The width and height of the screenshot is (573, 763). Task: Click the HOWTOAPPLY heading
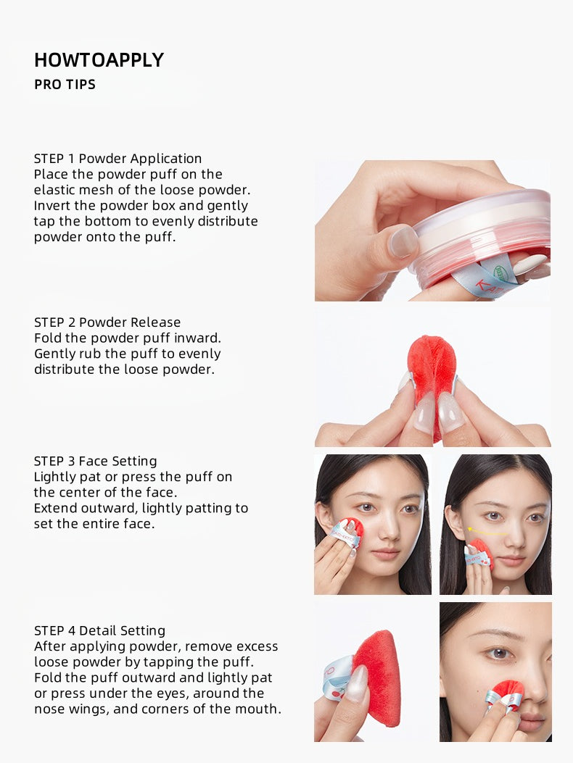point(99,60)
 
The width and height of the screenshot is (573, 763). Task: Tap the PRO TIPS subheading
point(65,85)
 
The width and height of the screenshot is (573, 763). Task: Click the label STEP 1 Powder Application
point(118,159)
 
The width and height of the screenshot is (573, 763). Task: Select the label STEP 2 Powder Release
point(107,322)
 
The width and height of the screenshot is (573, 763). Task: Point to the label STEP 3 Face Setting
point(95,461)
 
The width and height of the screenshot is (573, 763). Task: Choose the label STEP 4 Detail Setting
point(99,630)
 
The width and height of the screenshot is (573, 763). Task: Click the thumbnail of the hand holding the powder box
point(432,230)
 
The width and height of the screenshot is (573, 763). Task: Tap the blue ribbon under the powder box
point(493,279)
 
